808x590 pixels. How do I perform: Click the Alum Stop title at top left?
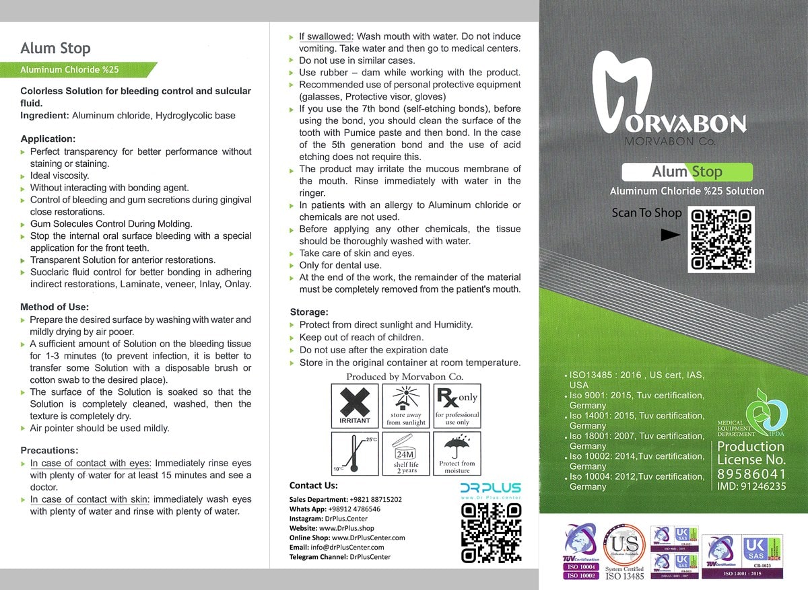click(55, 48)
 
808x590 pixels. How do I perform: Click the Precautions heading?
click(50, 450)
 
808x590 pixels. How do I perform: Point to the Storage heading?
click(309, 312)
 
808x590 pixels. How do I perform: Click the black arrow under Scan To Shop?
click(671, 235)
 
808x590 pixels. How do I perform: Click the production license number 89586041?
click(751, 474)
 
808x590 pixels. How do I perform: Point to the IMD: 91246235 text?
click(751, 486)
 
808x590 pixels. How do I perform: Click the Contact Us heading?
click(314, 485)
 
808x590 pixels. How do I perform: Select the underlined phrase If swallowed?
click(326, 36)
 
